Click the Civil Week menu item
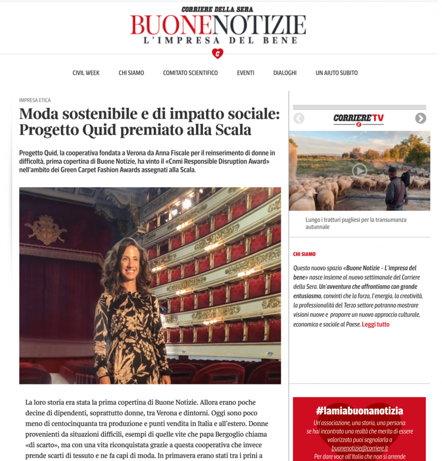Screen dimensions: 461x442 click(x=86, y=73)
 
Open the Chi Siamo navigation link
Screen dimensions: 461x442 click(x=131, y=73)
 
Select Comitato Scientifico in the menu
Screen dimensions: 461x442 click(x=190, y=73)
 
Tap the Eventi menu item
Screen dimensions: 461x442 click(x=246, y=73)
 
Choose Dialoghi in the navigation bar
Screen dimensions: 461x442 click(x=285, y=73)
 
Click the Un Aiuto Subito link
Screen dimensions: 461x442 click(x=337, y=73)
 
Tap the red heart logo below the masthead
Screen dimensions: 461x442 click(x=218, y=54)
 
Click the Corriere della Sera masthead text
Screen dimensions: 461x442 click(x=218, y=9)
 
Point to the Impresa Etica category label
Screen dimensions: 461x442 click(x=35, y=100)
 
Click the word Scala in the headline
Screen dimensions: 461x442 click(x=235, y=130)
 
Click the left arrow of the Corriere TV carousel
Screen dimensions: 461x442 click(x=299, y=118)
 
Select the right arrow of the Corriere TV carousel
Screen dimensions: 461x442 click(x=420, y=118)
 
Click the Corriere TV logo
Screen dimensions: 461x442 click(x=358, y=119)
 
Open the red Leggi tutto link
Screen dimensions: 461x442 click(x=375, y=324)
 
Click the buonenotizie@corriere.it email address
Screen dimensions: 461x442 click(x=359, y=448)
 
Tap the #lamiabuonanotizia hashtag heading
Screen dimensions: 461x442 click(x=359, y=411)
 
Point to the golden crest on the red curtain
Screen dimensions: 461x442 click(x=45, y=228)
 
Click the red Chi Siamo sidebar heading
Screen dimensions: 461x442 click(x=304, y=254)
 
